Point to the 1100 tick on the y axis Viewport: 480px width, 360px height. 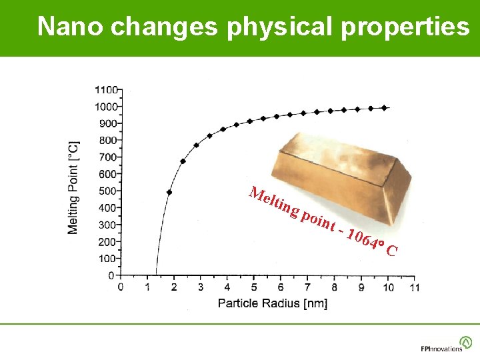click(x=107, y=89)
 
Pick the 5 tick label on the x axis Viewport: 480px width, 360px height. click(x=253, y=287)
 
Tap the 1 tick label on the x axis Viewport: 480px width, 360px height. click(x=147, y=287)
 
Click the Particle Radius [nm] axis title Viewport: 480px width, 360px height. click(x=273, y=303)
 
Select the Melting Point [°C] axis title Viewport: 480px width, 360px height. click(x=73, y=187)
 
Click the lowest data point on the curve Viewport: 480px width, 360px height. click(x=169, y=192)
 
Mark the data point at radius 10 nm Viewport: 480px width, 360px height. click(x=385, y=107)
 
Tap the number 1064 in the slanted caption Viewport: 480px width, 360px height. click(x=363, y=241)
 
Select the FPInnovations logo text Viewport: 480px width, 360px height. click(x=441, y=348)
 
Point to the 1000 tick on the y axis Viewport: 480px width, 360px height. click(x=107, y=107)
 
